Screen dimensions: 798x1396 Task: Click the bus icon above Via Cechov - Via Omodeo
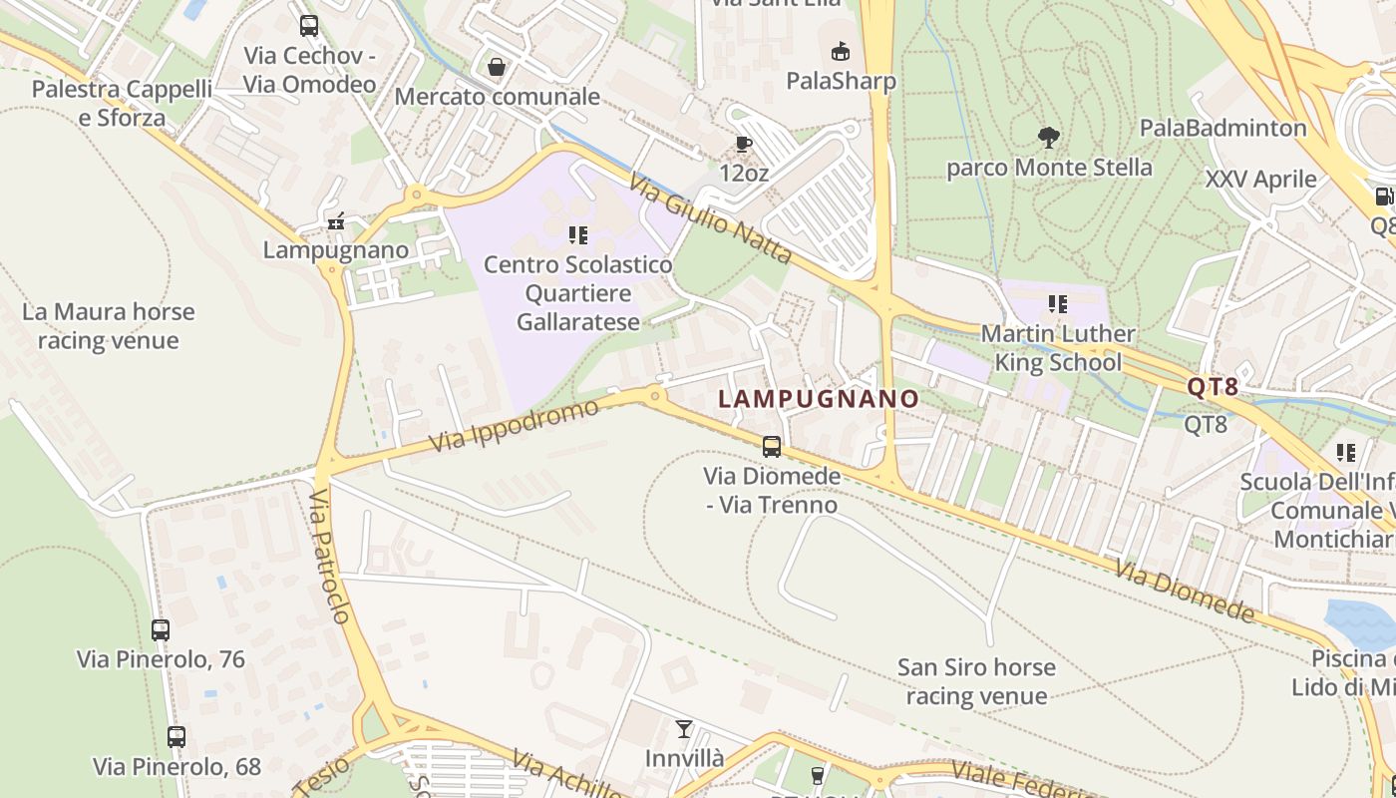click(309, 26)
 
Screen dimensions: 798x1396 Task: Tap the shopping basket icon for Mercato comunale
click(496, 67)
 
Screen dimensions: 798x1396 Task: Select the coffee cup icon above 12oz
click(743, 144)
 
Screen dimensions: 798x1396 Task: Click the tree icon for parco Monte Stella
click(1048, 137)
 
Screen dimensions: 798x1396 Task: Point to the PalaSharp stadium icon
click(841, 51)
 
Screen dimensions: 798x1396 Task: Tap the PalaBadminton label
click(1222, 128)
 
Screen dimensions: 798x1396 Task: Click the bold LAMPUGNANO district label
click(819, 399)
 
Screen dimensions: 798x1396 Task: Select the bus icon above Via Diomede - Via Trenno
click(772, 446)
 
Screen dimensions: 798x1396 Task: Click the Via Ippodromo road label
click(516, 425)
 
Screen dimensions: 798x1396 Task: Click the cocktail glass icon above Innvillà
click(683, 729)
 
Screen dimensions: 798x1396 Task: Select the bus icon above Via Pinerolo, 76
click(161, 630)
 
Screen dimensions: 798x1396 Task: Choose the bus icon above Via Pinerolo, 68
click(176, 737)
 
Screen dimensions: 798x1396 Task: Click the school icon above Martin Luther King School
click(1057, 303)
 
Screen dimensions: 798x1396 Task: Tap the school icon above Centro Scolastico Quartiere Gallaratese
click(577, 235)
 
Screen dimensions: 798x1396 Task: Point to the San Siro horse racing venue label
click(976, 681)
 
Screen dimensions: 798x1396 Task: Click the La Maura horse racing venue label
click(108, 326)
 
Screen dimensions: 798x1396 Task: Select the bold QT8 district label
click(1213, 387)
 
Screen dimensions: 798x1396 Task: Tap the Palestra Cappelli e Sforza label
click(122, 104)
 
